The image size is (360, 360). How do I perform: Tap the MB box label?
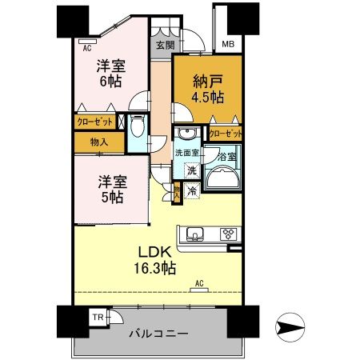228,44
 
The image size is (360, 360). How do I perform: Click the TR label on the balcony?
96,318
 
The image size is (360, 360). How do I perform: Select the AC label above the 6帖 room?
86,47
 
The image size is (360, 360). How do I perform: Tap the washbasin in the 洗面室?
189,134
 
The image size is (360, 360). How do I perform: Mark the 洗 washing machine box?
192,170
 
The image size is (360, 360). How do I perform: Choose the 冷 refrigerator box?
192,191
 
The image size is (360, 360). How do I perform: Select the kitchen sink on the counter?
196,234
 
